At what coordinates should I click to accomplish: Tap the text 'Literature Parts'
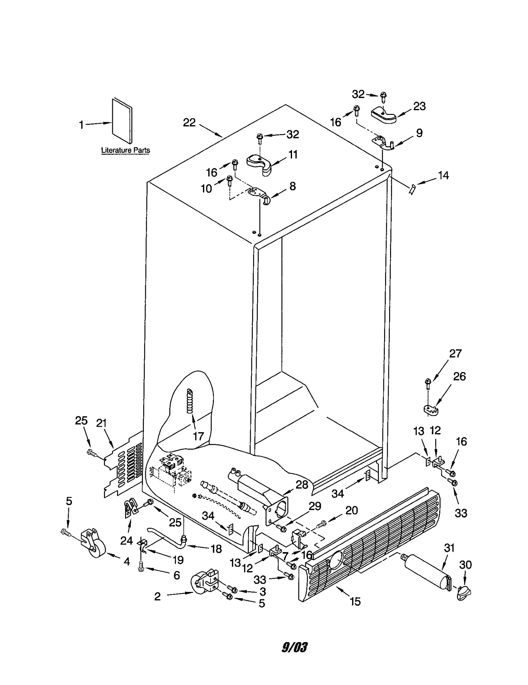pos(125,151)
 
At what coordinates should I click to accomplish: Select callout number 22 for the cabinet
pos(189,123)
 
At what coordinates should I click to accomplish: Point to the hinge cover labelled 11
pos(260,164)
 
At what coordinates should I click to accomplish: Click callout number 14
pos(443,176)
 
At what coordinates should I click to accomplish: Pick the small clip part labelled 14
pos(412,190)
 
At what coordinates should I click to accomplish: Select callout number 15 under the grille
pos(355,601)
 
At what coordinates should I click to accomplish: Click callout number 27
pos(455,354)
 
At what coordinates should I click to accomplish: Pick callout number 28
pos(302,485)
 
